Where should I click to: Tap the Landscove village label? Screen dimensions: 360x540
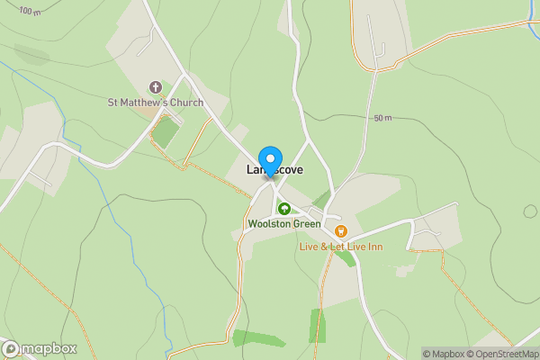tap(274, 169)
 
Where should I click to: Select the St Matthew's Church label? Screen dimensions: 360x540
tap(156, 103)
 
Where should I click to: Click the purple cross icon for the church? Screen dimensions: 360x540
tap(155, 87)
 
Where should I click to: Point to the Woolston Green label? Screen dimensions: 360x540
tap(283, 223)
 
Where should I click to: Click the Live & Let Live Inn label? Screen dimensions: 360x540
tap(341, 246)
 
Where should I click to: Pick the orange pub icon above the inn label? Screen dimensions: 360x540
tap(340, 231)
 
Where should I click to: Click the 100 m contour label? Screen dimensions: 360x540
tap(30, 12)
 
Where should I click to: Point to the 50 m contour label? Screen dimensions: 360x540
tap(383, 118)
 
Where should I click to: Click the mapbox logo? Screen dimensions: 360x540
tap(40, 348)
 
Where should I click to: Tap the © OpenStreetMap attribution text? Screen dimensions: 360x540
tap(499, 354)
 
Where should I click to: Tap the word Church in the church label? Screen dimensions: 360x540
tap(184, 103)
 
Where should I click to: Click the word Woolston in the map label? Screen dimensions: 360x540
tap(268, 223)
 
